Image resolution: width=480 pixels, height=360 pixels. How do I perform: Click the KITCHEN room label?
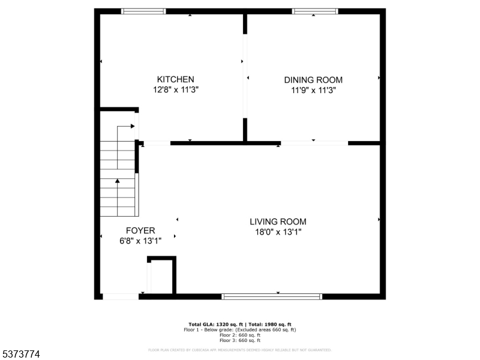[x=175, y=79]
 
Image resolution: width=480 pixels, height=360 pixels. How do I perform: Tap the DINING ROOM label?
[x=313, y=80]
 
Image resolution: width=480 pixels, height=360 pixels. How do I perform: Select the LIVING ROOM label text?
[x=278, y=221]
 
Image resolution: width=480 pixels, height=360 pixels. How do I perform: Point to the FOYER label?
[x=140, y=230]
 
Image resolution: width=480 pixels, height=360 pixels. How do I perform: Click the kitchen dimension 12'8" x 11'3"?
[x=175, y=90]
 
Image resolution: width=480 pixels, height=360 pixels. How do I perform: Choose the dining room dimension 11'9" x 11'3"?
[x=313, y=91]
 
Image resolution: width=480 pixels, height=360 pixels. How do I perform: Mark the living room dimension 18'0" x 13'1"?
[x=278, y=232]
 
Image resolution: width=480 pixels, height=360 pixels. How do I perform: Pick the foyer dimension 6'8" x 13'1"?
[x=140, y=241]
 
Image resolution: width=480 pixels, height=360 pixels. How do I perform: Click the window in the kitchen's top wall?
[x=143, y=11]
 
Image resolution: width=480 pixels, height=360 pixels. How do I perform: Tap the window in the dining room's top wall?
[x=315, y=11]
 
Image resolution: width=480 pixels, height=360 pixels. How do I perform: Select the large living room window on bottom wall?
[x=272, y=296]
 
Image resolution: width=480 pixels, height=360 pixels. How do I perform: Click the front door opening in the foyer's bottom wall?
[x=121, y=296]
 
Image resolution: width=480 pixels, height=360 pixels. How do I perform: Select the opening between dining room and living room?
[x=314, y=143]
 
